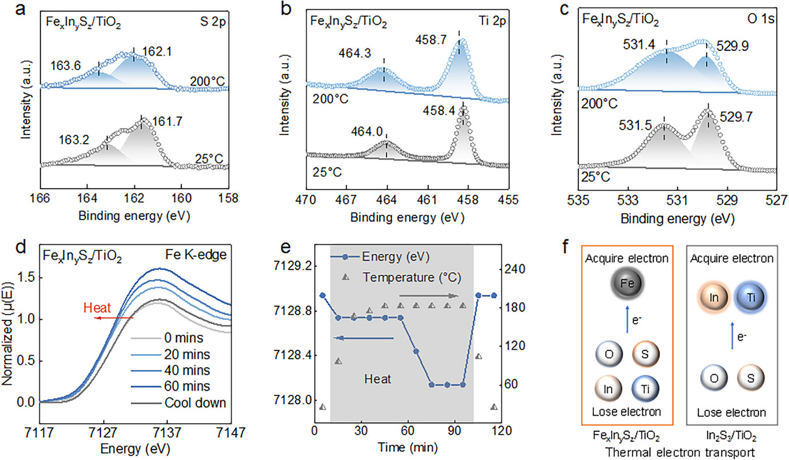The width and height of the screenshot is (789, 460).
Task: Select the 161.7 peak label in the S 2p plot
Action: point(166,122)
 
